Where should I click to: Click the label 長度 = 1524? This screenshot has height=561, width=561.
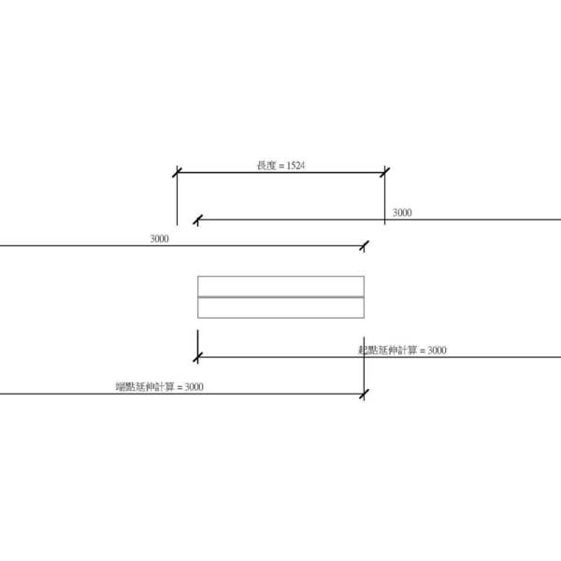[x=280, y=165]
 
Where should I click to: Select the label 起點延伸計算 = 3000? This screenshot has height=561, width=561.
[x=402, y=350]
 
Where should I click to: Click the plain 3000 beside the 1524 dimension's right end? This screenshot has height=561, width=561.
[x=402, y=213]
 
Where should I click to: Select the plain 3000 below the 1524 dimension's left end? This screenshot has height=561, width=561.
[x=159, y=239]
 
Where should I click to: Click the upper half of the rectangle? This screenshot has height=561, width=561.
[x=280, y=286]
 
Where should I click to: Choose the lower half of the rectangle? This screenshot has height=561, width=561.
[x=280, y=308]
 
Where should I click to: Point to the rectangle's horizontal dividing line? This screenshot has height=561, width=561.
[x=280, y=296]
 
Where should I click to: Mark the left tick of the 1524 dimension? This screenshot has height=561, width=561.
[x=178, y=172]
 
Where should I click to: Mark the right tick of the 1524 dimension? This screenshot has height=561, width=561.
[x=384, y=172]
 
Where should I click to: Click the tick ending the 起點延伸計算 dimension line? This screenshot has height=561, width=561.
[x=197, y=356]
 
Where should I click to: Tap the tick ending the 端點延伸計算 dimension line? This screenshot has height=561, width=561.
[x=364, y=394]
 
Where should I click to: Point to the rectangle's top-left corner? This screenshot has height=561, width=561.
[x=197, y=277]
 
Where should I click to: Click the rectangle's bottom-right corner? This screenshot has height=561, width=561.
[x=364, y=318]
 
